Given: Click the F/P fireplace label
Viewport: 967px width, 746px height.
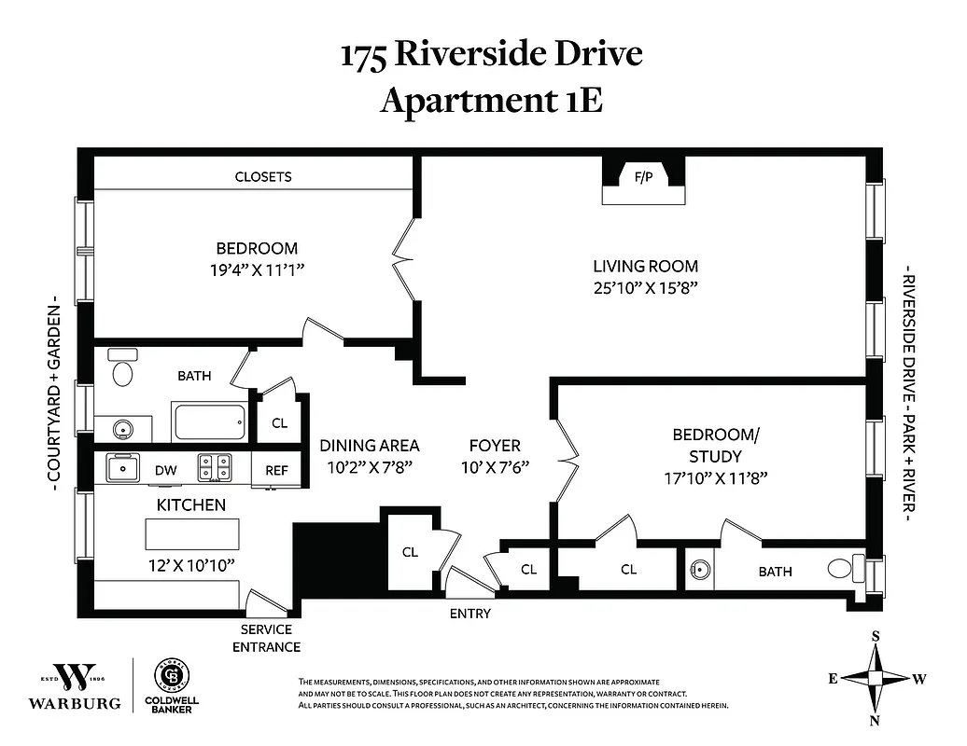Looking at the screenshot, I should [643, 175].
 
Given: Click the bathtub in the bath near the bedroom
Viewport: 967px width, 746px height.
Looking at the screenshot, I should [210, 421].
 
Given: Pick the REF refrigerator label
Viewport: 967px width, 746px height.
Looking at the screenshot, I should [277, 471].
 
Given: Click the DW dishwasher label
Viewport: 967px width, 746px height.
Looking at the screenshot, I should [166, 471].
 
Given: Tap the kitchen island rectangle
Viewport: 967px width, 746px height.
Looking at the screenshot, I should [191, 534].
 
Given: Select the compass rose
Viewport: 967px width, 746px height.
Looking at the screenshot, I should [876, 678].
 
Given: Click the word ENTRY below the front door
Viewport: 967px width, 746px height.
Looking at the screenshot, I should [469, 614].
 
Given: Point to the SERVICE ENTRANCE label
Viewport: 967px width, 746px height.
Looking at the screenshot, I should [266, 638].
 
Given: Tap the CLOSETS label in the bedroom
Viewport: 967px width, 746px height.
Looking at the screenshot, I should [263, 176].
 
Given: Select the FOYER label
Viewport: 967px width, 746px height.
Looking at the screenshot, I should [495, 446].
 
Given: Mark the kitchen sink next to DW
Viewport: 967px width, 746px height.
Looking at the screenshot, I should [121, 466].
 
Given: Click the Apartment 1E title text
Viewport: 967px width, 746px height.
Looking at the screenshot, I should [491, 101].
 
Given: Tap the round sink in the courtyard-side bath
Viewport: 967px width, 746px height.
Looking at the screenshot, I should [120, 430].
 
